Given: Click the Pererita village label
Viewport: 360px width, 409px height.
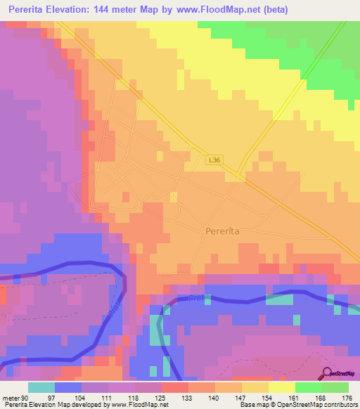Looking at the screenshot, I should (224, 231).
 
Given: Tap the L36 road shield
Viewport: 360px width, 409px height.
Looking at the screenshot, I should (214, 160).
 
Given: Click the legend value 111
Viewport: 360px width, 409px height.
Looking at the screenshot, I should (108, 398).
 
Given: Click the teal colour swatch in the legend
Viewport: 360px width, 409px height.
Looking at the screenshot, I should (41, 387).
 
